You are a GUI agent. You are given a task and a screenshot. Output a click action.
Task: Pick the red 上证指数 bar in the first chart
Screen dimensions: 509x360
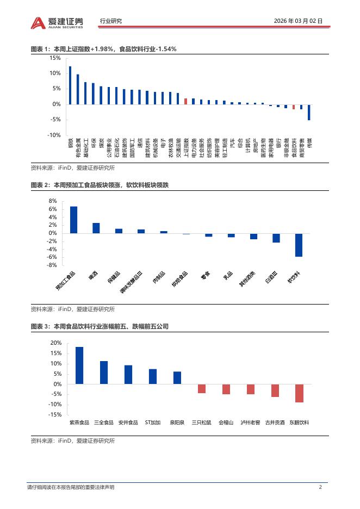pos(185,101)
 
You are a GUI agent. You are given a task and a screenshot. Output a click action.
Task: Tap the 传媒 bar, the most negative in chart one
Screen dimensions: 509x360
pos(309,112)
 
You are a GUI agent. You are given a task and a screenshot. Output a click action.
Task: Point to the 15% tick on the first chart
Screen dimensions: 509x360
pos(55,58)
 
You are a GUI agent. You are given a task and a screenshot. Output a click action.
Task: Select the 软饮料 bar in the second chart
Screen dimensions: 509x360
pos(299,245)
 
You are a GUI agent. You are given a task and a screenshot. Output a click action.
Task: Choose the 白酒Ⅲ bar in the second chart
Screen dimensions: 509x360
pos(276,238)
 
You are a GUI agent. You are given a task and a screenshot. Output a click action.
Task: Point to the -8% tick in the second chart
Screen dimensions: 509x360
pos(53,265)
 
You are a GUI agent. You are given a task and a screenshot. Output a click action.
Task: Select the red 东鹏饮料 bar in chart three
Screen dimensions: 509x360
pos(299,393)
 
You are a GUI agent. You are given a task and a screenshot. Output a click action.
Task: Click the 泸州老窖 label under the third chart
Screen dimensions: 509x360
pos(250,422)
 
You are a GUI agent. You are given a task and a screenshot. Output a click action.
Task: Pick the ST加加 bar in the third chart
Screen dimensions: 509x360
pos(153,376)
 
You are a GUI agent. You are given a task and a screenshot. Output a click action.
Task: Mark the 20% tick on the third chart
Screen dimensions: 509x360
pos(55,343)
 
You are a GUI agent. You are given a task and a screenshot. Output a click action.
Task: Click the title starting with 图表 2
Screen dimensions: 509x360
pos(100,186)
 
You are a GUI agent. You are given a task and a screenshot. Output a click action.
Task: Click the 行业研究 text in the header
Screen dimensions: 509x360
pos(111,21)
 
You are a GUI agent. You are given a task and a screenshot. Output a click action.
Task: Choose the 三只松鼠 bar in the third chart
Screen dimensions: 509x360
pos(202,388)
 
